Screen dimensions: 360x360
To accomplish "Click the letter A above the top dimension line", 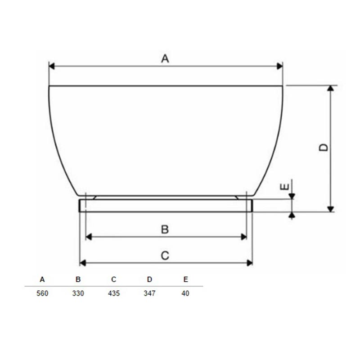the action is point(165,58).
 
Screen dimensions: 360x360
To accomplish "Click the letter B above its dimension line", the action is point(165,229).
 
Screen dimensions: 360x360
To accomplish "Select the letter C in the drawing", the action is point(165,256).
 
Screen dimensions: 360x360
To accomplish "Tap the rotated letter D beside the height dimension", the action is point(324,148).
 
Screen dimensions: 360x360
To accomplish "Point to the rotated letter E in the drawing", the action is point(285,187).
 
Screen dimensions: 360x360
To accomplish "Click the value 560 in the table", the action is point(42,293).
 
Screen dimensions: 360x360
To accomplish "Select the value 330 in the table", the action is point(78,293).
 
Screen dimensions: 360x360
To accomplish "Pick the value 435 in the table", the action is point(114,293).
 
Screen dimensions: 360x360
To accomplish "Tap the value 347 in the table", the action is point(149,293).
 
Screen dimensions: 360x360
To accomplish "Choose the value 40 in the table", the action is point(185,293).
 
